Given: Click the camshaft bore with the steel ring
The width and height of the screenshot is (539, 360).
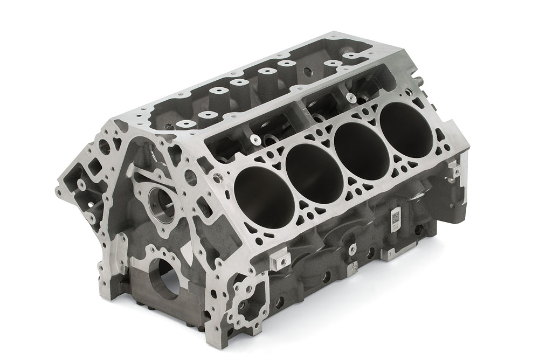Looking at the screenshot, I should click(x=162, y=203).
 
